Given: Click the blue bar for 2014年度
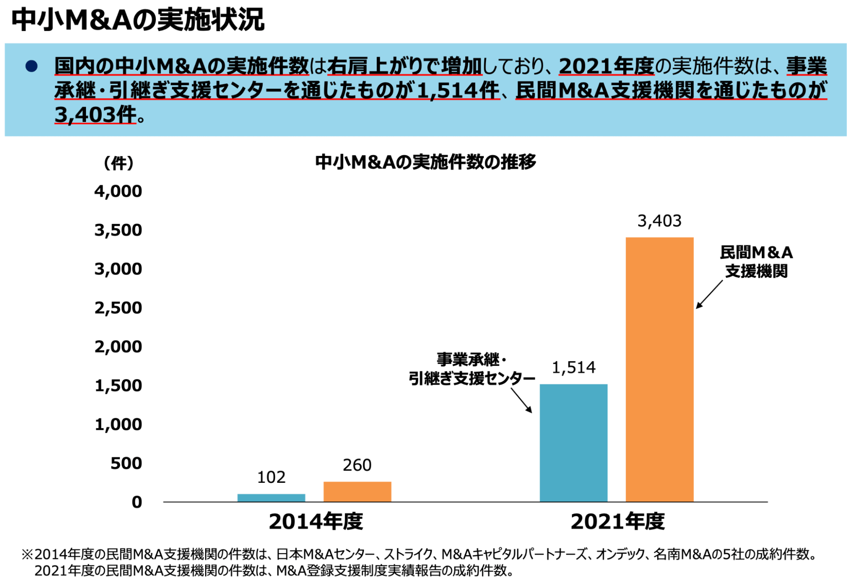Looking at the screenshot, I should tap(271, 498).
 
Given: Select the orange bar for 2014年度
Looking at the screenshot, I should tap(357, 492).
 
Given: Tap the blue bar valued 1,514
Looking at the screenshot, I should tap(573, 443).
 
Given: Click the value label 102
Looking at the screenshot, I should tap(271, 477).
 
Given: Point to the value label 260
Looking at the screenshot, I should tap(357, 465).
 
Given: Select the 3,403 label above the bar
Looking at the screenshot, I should tap(659, 221).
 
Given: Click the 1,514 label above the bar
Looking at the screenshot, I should tap(573, 367).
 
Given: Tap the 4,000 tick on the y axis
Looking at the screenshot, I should tap(118, 191).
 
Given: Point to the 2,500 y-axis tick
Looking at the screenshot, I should tap(118, 308).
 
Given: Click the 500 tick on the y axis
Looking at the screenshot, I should tap(126, 463).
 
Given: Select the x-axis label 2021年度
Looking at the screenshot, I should tap(617, 521).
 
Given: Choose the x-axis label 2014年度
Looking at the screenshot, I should tap(316, 521).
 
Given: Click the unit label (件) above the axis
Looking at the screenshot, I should tap(119, 163).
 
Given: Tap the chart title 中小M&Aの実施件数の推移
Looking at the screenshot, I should tap(425, 162).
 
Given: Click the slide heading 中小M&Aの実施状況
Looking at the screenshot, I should tap(138, 19).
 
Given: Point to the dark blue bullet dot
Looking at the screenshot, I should tap(32, 66).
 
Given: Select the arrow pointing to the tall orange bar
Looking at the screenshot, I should tap(709, 294).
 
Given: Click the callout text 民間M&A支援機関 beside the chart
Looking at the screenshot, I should tap(756, 262).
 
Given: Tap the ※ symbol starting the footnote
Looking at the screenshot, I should tap(27, 554).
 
